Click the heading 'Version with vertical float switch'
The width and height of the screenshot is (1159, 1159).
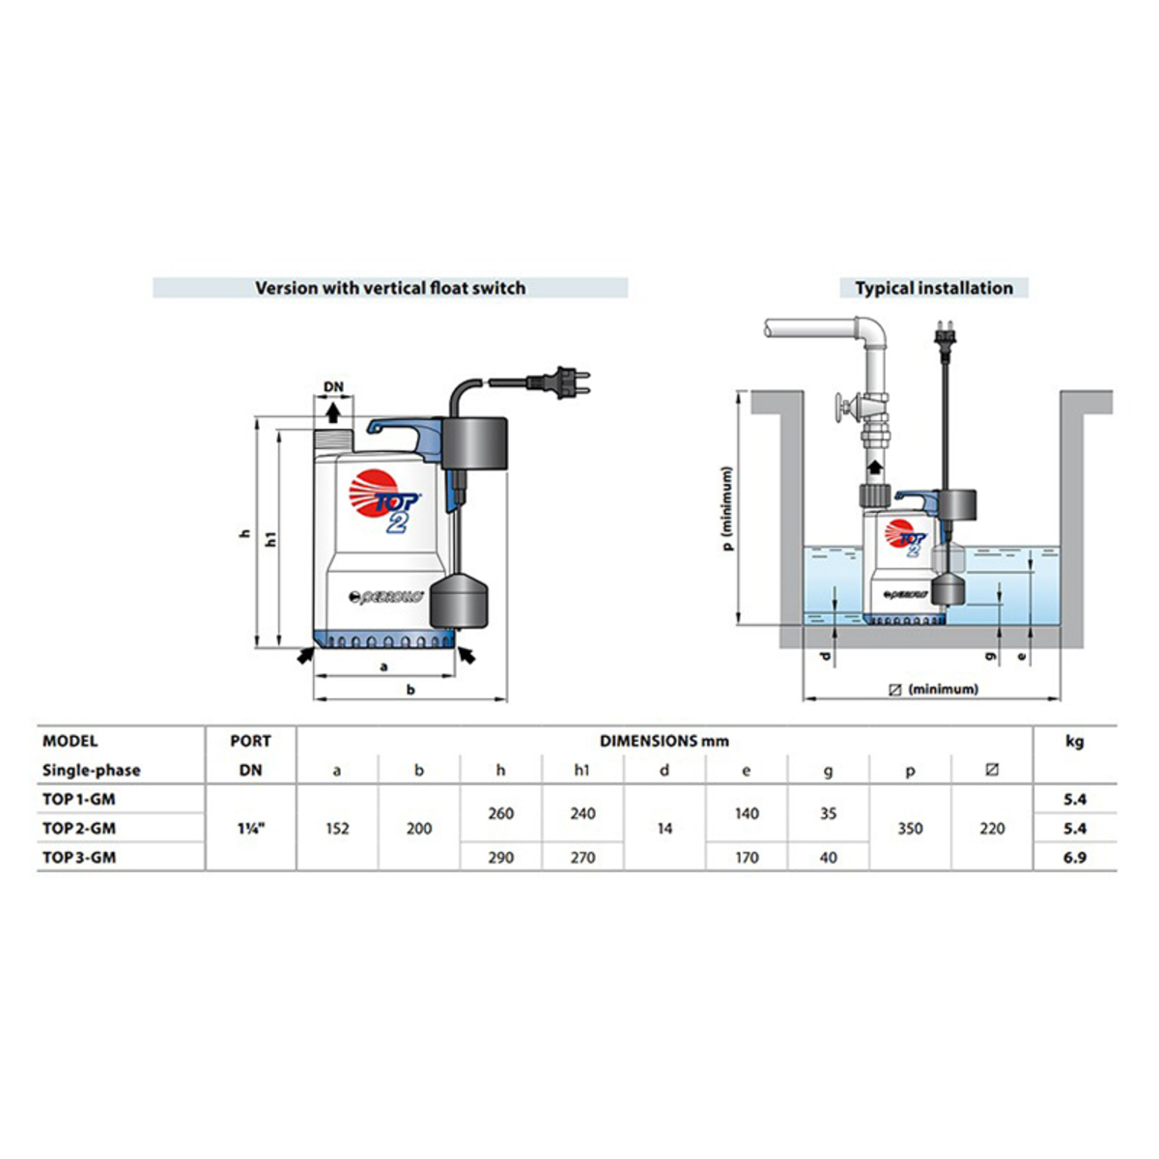pos(390,288)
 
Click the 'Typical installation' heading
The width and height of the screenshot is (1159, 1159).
pos(933,288)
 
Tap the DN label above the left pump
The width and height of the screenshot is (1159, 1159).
pos(333,387)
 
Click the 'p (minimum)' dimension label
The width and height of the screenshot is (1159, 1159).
pos(727,509)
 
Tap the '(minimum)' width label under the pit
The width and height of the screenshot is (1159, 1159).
pos(933,690)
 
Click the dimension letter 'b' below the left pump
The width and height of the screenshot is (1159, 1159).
pos(410,690)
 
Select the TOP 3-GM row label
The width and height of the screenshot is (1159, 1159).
pos(79,857)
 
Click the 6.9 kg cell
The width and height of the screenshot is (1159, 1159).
pos(1074,857)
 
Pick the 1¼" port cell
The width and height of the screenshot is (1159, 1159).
pos(250,828)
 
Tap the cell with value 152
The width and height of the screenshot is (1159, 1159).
pos(337,828)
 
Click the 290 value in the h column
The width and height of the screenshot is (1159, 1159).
pos(500,857)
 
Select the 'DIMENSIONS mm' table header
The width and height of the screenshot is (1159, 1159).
pos(664,742)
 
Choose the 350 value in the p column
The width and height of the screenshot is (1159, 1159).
pos(910,828)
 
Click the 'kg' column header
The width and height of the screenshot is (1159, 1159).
pos(1074,742)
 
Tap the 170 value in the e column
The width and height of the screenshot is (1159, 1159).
pos(747,857)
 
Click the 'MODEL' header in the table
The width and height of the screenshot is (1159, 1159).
pos(70,742)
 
